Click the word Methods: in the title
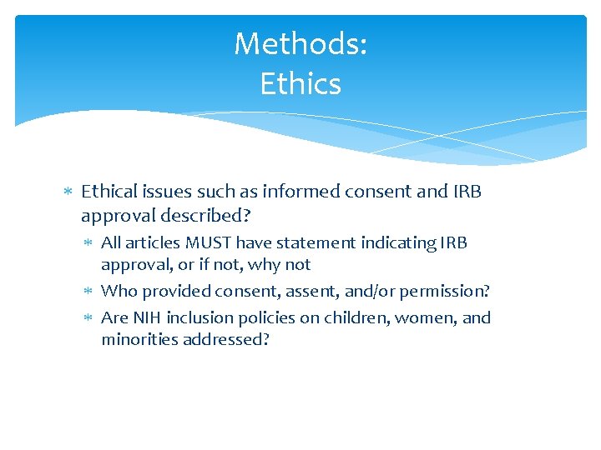tap(300, 44)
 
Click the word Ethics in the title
tap(300, 83)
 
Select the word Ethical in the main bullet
tap(109, 192)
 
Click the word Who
tap(119, 292)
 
